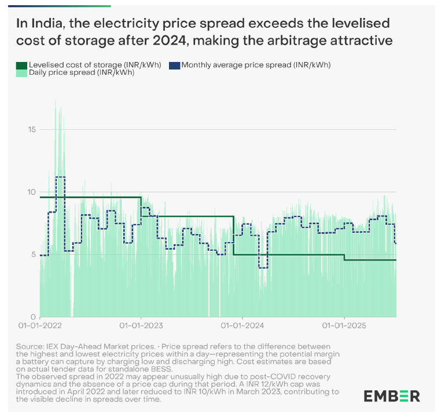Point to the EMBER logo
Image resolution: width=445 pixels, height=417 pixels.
[392, 396]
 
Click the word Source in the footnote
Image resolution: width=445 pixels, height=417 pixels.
[30, 346]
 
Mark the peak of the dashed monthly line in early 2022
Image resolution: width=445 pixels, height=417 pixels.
[60, 177]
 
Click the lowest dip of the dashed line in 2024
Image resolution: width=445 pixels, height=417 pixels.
[263, 268]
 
